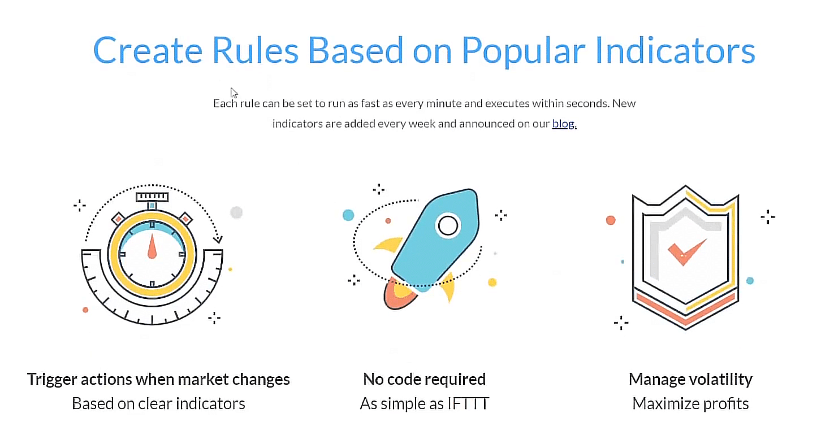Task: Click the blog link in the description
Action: [x=563, y=124]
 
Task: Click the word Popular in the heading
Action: [x=524, y=51]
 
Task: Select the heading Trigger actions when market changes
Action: [x=158, y=380]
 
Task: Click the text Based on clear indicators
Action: [x=158, y=403]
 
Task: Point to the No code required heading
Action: [x=424, y=380]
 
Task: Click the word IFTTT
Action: [x=468, y=403]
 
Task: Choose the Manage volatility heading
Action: [x=690, y=380]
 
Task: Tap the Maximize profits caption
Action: [x=690, y=403]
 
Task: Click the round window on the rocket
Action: [x=448, y=225]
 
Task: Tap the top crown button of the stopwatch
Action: [x=152, y=197]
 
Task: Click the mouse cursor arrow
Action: [x=234, y=93]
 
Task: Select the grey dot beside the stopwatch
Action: [x=236, y=212]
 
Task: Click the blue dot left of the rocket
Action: [x=348, y=215]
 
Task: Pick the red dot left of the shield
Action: [x=611, y=220]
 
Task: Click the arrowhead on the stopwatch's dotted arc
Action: [x=218, y=239]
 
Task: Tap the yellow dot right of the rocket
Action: [x=492, y=282]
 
